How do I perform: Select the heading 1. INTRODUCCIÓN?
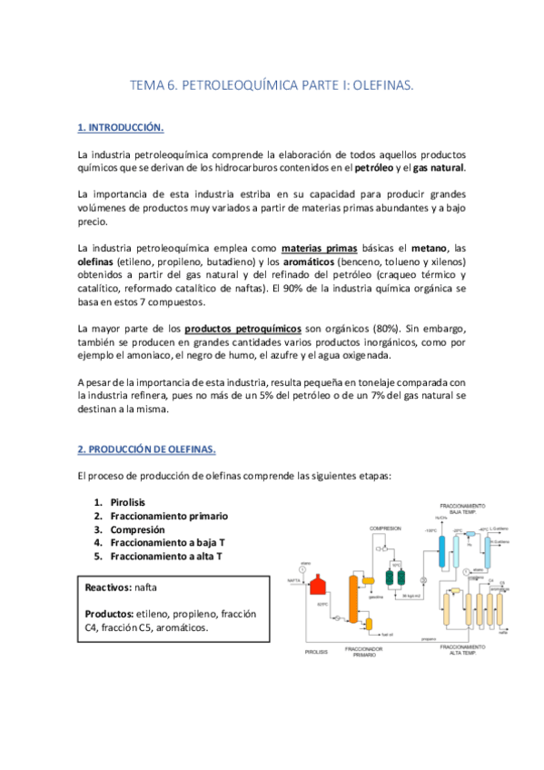tap(121, 128)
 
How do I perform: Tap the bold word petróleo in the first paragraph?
tap(373, 168)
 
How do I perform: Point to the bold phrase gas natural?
tap(439, 168)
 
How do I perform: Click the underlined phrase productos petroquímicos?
tap(242, 328)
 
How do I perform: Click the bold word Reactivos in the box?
tap(108, 587)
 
